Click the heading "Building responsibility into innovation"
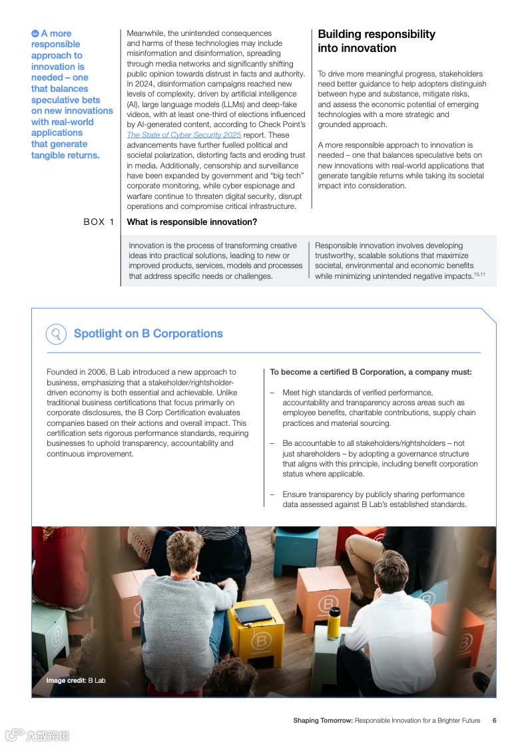[x=376, y=41]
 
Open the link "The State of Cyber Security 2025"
[x=184, y=135]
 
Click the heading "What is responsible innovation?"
[x=192, y=222]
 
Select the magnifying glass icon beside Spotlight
[x=56, y=333]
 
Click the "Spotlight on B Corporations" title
[x=148, y=333]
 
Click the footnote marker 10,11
[x=479, y=274]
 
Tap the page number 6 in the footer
[x=494, y=720]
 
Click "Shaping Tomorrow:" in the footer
[x=323, y=720]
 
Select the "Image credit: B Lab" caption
[x=76, y=680]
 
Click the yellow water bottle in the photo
[x=334, y=622]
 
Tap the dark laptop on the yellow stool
[x=254, y=613]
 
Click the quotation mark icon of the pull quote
[x=35, y=33]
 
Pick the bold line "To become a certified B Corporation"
[x=370, y=372]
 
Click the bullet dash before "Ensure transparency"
[x=272, y=494]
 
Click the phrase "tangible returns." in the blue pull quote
[x=65, y=155]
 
